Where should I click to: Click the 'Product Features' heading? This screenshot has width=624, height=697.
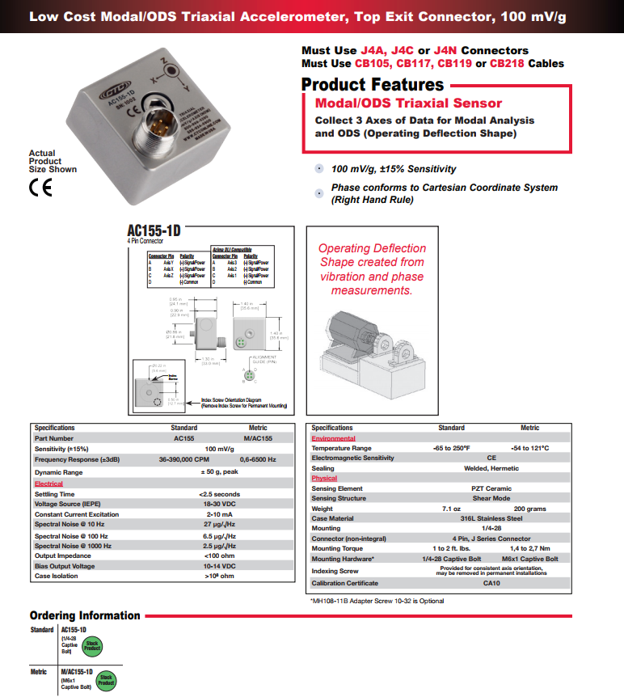372,85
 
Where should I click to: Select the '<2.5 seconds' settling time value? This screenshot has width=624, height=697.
219,494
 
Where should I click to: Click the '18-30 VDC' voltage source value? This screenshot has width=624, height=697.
219,504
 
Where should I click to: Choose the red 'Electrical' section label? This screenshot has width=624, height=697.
48,484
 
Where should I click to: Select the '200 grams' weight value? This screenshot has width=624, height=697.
529,509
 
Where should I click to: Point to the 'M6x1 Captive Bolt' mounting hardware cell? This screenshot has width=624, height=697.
529,559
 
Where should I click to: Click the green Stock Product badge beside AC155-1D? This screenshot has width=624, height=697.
94,644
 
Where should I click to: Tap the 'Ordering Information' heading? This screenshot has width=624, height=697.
85,615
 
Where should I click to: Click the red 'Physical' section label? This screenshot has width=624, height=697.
324,479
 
